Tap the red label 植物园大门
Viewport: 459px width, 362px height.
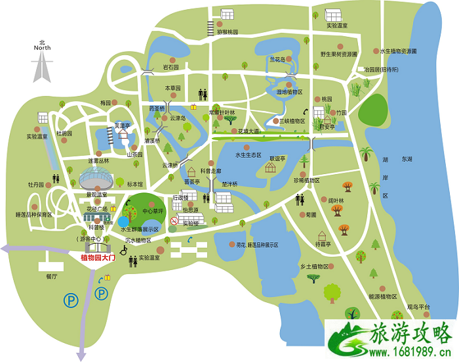click(97, 259)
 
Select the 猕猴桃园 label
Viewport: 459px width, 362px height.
click(227, 32)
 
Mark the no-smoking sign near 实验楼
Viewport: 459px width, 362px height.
click(174, 221)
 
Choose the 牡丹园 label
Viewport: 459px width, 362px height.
click(35, 185)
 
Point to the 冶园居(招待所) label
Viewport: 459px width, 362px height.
click(381, 69)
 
